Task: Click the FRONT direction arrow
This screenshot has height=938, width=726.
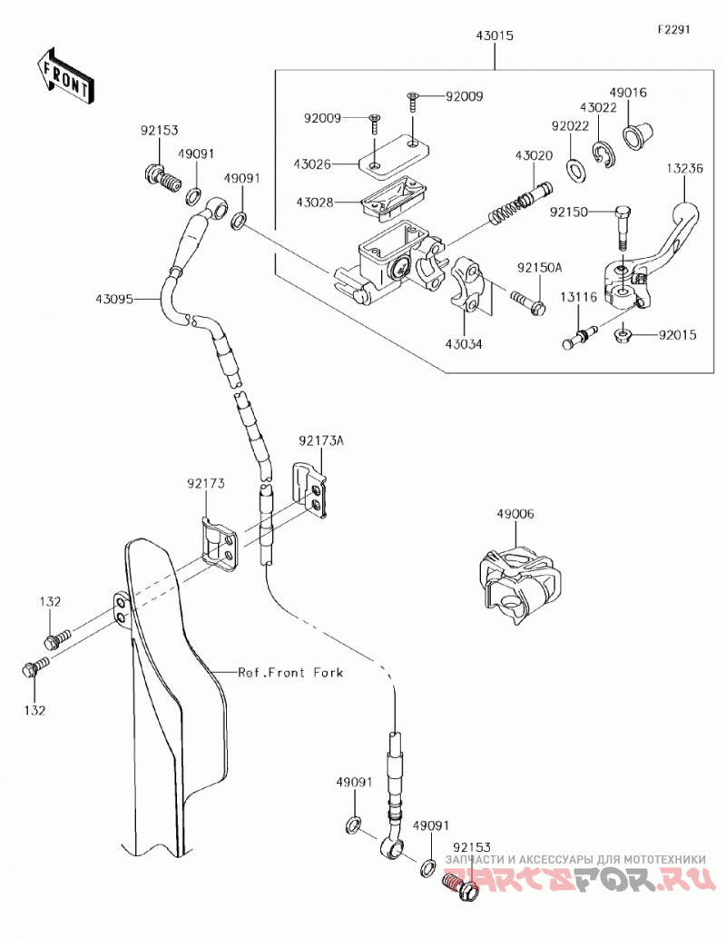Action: pyautogui.click(x=64, y=75)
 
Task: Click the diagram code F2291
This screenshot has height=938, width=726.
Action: pyautogui.click(x=673, y=29)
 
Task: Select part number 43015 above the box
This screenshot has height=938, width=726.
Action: pyautogui.click(x=495, y=36)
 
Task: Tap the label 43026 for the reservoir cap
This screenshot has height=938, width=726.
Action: pyautogui.click(x=312, y=164)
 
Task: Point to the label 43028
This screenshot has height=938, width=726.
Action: pyautogui.click(x=315, y=202)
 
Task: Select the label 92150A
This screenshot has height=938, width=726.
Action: pyautogui.click(x=540, y=268)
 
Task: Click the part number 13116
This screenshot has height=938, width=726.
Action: pyautogui.click(x=578, y=297)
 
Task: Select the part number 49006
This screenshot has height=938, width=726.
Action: pyautogui.click(x=515, y=514)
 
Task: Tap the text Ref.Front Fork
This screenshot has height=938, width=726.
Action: pyautogui.click(x=290, y=672)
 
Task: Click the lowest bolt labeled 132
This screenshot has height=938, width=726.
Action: pyautogui.click(x=34, y=667)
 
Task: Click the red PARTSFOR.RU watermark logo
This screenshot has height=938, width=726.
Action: pyautogui.click(x=580, y=879)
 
